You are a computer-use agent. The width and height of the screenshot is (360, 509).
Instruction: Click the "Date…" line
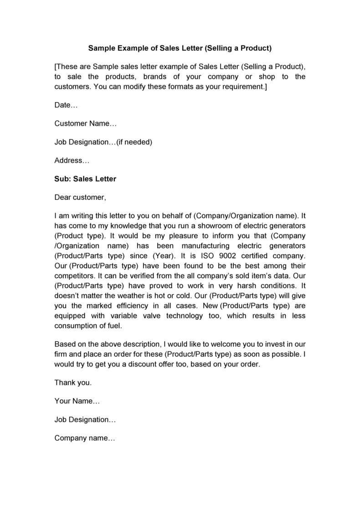tap(66, 105)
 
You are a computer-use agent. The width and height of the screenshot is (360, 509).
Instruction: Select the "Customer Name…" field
tap(86, 123)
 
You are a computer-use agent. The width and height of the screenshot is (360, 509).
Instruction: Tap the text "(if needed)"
tap(134, 142)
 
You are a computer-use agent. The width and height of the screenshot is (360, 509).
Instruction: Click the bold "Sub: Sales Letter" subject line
tap(85, 179)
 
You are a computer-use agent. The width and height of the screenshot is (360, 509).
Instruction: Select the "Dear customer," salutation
tap(80, 197)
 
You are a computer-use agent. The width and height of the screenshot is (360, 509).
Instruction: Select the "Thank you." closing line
tap(73, 382)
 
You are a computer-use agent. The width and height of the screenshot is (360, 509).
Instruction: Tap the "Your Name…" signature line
tap(77, 401)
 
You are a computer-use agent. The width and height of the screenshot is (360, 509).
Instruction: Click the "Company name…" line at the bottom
tap(85, 438)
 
